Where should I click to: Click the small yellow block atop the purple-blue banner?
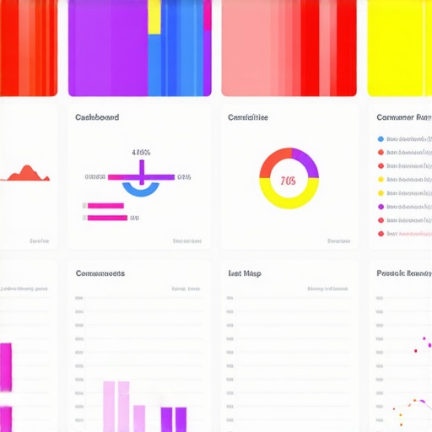click(154, 17)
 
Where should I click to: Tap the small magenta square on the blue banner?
click(208, 15)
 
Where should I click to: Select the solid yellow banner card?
click(399, 47)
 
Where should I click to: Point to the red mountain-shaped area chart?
click(27, 175)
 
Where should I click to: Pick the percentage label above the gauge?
click(141, 153)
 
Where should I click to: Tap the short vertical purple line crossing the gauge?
click(141, 174)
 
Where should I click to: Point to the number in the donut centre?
click(289, 181)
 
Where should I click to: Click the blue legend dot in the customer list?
click(381, 139)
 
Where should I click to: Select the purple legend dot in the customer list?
click(381, 207)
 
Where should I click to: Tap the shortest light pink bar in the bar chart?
click(139, 418)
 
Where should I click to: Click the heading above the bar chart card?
click(100, 273)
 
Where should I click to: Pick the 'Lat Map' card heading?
click(244, 273)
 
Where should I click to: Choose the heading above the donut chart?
click(248, 117)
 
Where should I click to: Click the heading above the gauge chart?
click(97, 117)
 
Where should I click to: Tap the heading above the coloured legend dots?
click(403, 117)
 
